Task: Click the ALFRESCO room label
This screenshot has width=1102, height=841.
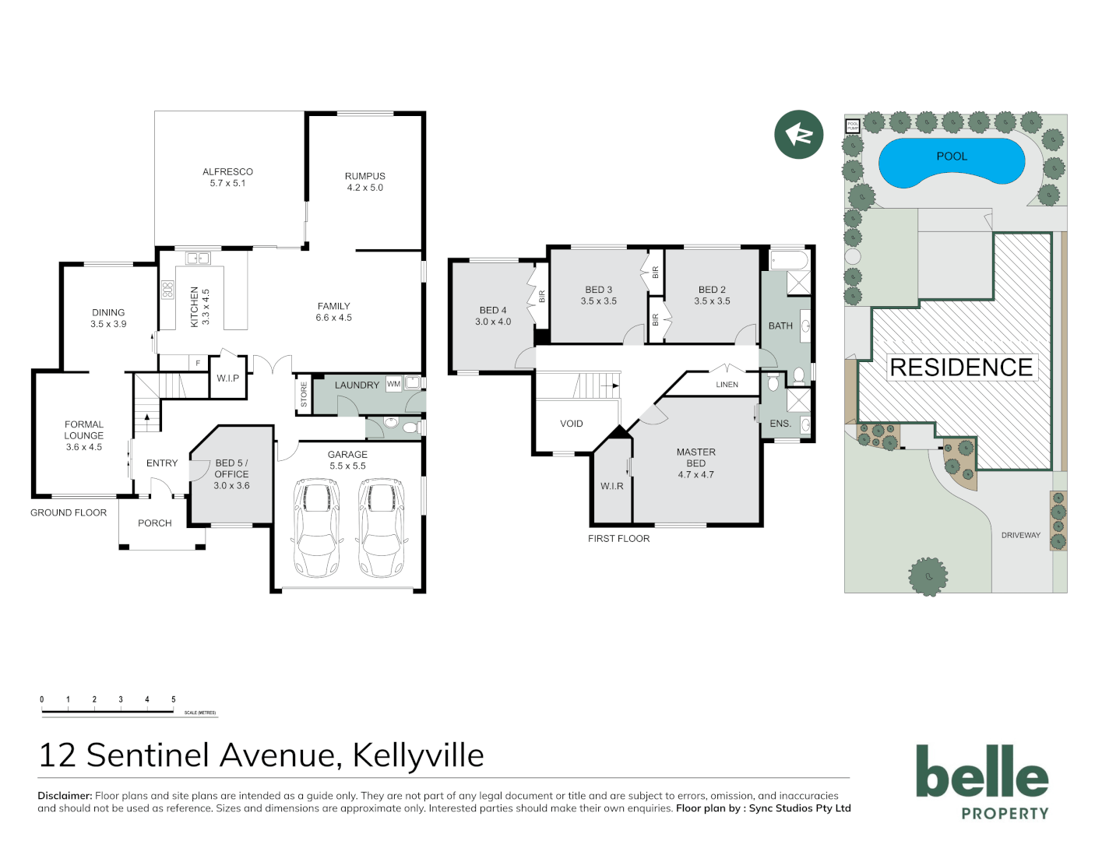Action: pyautogui.click(x=227, y=172)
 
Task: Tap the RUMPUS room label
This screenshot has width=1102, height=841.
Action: pyautogui.click(x=364, y=177)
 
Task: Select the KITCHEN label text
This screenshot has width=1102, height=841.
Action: pyautogui.click(x=195, y=307)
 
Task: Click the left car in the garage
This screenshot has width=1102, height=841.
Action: pyautogui.click(x=316, y=527)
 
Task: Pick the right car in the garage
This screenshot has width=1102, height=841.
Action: pyautogui.click(x=381, y=527)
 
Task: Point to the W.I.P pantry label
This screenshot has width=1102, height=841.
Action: pyautogui.click(x=228, y=378)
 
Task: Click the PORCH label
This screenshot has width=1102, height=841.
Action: pyautogui.click(x=154, y=523)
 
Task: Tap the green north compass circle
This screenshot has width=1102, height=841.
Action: pyautogui.click(x=798, y=135)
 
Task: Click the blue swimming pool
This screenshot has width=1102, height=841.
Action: pyautogui.click(x=951, y=162)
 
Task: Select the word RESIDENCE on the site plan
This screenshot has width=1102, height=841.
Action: pyautogui.click(x=961, y=368)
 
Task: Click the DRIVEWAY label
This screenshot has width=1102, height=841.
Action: pyautogui.click(x=1020, y=535)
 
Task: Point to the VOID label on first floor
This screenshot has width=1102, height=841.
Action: pyautogui.click(x=571, y=424)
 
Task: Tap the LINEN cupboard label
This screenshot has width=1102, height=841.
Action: pyautogui.click(x=727, y=385)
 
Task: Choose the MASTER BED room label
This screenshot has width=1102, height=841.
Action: pyautogui.click(x=695, y=457)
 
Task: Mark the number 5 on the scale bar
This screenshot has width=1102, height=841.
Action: pyautogui.click(x=173, y=699)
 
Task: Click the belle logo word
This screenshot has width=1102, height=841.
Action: pyautogui.click(x=981, y=772)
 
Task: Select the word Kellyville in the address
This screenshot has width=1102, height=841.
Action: pyautogui.click(x=418, y=755)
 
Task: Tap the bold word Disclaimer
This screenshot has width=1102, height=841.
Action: pyautogui.click(x=65, y=796)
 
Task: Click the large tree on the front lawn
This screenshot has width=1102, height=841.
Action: pyautogui.click(x=928, y=576)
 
